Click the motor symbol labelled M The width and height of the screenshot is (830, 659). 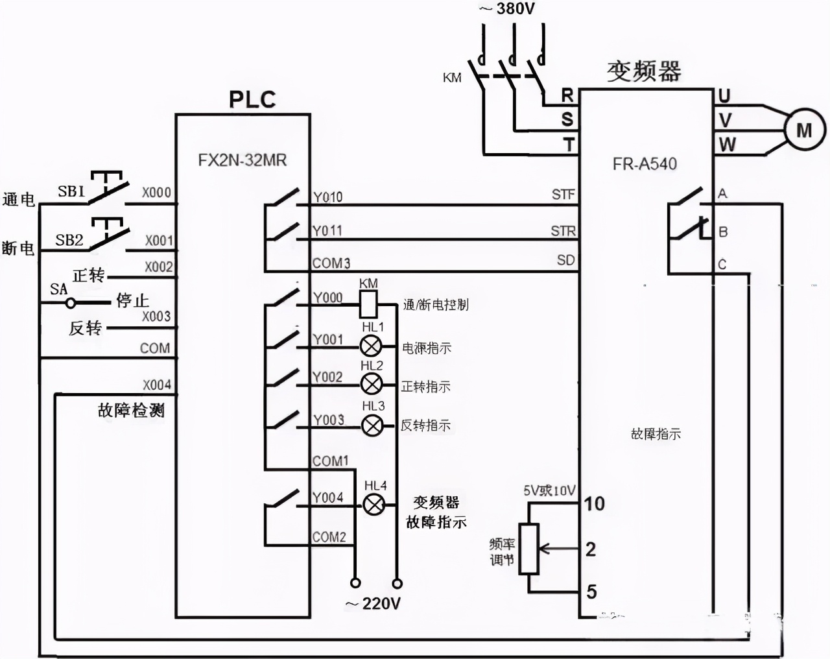[804, 130]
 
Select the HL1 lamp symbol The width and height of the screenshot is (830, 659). [371, 346]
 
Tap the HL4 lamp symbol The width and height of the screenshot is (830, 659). [373, 505]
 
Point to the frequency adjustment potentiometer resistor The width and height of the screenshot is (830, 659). [530, 549]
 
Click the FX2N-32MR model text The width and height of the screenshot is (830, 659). [243, 160]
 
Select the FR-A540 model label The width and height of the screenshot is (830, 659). [645, 164]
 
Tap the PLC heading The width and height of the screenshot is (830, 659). [252, 99]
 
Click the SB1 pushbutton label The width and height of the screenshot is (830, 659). [71, 191]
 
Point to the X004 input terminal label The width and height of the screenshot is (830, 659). [157, 385]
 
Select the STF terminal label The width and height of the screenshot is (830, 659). [563, 194]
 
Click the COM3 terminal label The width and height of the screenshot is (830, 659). [331, 263]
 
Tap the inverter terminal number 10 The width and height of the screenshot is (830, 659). [594, 503]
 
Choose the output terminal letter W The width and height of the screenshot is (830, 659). [727, 144]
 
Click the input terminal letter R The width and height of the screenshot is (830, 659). [567, 95]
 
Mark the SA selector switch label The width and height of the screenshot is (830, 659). [58, 289]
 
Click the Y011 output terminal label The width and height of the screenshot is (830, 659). [327, 231]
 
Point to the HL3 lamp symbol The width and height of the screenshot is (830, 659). [372, 425]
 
